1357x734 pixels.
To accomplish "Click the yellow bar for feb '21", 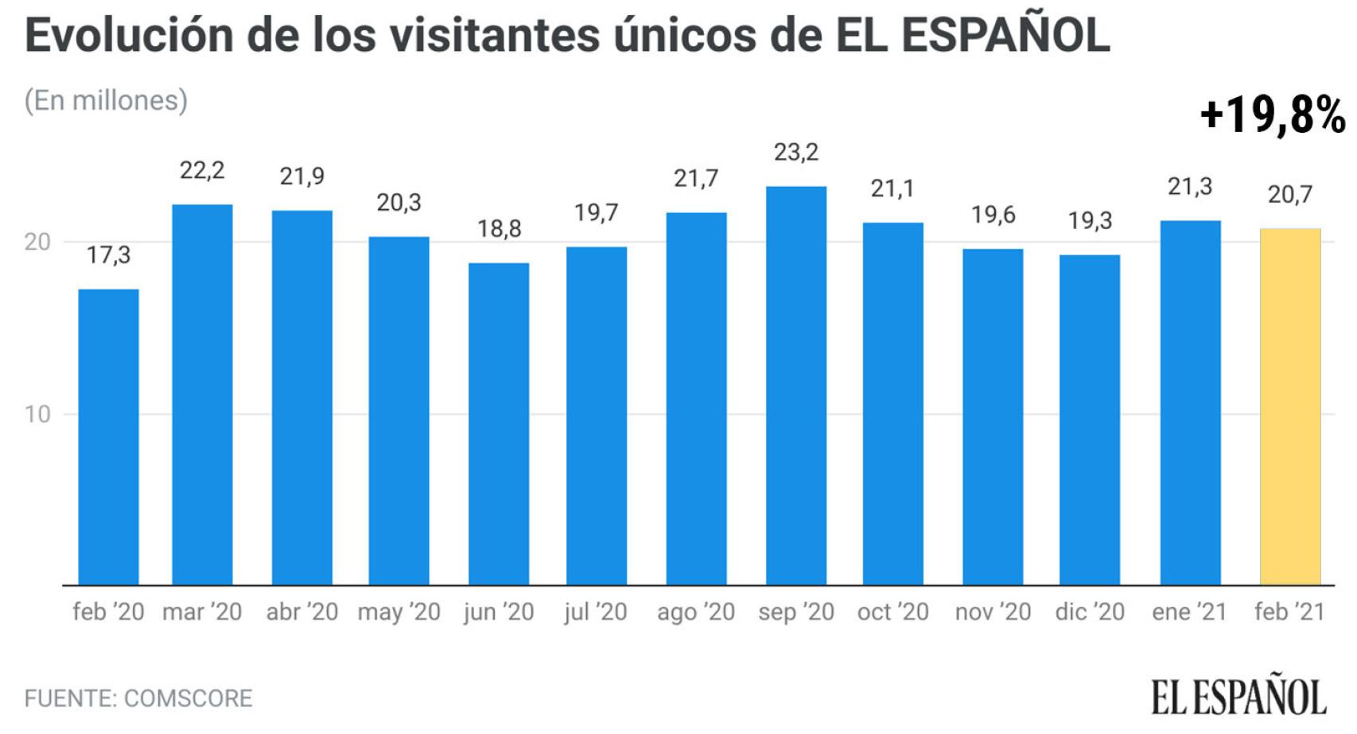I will [x=1289, y=406].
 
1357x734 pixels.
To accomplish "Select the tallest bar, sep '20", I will [x=795, y=386].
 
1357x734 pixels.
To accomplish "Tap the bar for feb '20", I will [x=108, y=437].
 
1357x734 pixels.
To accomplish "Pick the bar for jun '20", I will [x=498, y=424].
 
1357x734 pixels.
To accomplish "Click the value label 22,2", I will [x=202, y=170].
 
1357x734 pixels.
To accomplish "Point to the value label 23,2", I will [x=795, y=152].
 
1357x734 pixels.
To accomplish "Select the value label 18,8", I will [x=499, y=229].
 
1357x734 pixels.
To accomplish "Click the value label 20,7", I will [x=1289, y=194].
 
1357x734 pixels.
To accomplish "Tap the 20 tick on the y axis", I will [x=37, y=242].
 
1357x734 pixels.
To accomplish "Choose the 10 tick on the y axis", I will [x=37, y=414].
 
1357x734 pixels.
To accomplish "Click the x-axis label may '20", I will [x=399, y=612].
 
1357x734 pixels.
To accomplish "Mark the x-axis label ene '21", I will [x=1189, y=612].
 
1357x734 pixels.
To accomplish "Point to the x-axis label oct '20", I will [x=892, y=612].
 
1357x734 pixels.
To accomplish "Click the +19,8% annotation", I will [x=1272, y=115].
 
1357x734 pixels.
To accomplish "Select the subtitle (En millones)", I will [x=106, y=100].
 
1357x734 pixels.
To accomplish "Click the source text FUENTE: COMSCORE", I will [x=138, y=698].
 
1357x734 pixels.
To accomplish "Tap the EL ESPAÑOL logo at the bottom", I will [x=1238, y=697].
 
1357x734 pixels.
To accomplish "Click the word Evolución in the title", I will [x=130, y=36].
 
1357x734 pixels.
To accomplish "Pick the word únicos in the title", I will [x=693, y=36].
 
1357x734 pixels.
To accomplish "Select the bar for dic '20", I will [x=1089, y=420].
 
